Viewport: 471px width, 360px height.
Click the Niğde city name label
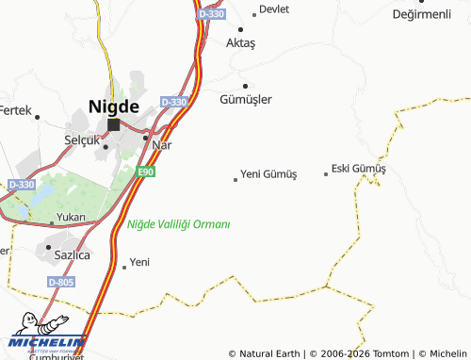(x=114, y=106)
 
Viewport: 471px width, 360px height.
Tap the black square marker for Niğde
(x=114, y=124)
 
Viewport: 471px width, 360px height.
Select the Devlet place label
(x=274, y=9)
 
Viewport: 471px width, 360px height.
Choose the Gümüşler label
(x=246, y=99)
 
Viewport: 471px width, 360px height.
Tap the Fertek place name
(x=15, y=110)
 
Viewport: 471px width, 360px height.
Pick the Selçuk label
(x=81, y=139)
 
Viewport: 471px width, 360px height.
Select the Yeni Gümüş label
(x=268, y=174)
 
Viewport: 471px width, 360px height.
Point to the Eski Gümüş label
(x=359, y=169)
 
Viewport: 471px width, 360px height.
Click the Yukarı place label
(x=71, y=217)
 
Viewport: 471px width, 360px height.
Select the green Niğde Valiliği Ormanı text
(x=178, y=224)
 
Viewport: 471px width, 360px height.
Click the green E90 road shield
(x=145, y=172)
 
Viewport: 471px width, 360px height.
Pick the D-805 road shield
(x=61, y=282)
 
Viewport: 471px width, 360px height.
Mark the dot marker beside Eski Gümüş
(x=326, y=173)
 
